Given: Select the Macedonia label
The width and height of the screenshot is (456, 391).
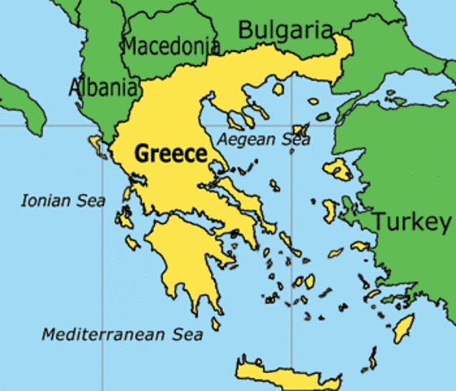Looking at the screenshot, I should tap(171, 46).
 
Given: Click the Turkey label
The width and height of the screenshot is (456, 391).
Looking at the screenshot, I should tap(411, 222).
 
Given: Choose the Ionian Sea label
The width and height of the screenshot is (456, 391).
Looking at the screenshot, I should tap(64, 200).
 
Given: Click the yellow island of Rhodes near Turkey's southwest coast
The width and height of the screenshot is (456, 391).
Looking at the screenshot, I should tap(403, 327).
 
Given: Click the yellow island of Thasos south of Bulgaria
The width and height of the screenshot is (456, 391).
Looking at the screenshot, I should tap(279, 88).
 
